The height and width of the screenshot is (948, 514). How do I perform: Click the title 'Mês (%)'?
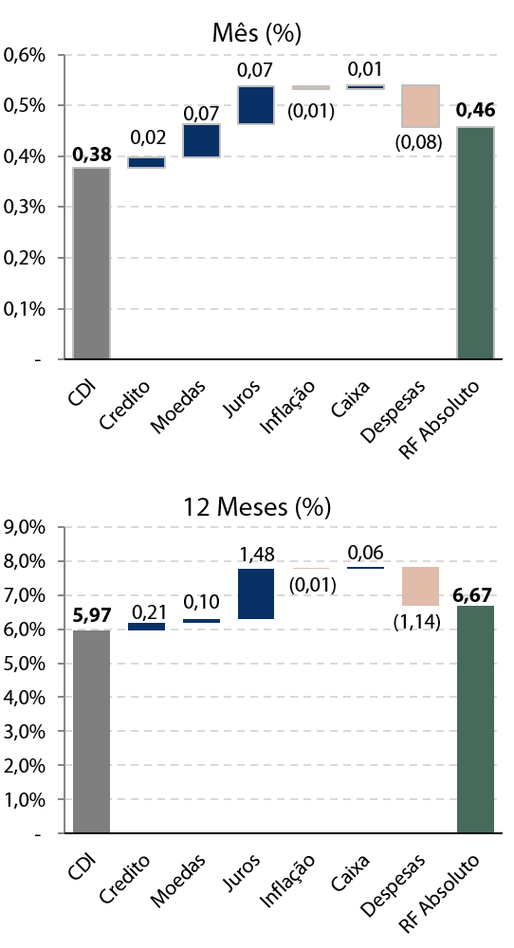click(x=256, y=33)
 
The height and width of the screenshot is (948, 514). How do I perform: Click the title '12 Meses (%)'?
click(x=257, y=506)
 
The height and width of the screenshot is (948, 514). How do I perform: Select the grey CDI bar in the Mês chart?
click(x=91, y=263)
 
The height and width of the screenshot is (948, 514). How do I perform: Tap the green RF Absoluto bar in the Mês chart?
click(x=475, y=243)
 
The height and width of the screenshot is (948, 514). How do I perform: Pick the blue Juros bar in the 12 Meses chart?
click(x=256, y=593)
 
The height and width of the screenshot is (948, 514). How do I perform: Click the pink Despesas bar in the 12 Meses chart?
click(x=421, y=586)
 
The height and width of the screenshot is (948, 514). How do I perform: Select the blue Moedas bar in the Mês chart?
click(x=201, y=141)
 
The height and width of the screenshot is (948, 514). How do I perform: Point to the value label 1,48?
click(x=257, y=554)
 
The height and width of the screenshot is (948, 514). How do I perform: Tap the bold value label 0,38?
click(x=92, y=155)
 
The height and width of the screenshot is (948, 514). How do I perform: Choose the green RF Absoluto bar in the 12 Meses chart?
click(x=475, y=720)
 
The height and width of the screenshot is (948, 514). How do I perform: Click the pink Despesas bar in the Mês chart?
click(x=421, y=106)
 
